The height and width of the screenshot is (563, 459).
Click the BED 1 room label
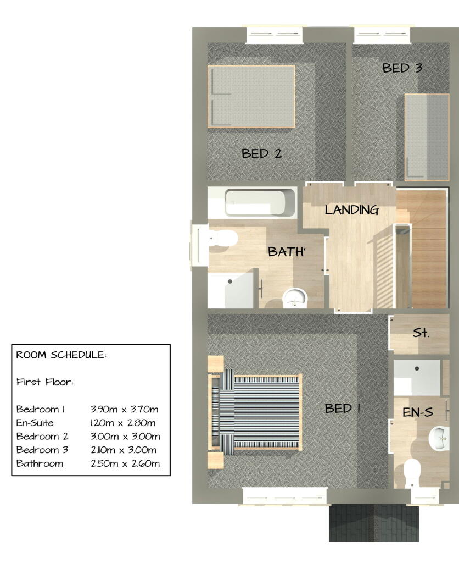tap(342, 408)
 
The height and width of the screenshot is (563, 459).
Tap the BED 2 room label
tap(261, 154)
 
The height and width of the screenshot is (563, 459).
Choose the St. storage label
tap(421, 333)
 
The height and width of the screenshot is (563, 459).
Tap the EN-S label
tap(418, 412)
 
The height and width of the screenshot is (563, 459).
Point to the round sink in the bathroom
tap(295, 299)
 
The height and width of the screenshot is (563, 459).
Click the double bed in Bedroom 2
tap(251, 96)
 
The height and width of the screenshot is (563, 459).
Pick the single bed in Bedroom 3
tap(426, 136)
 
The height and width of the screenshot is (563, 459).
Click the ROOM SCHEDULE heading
tap(61, 355)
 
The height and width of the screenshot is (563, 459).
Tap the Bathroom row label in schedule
tap(40, 463)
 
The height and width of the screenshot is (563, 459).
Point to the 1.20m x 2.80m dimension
tap(123, 423)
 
